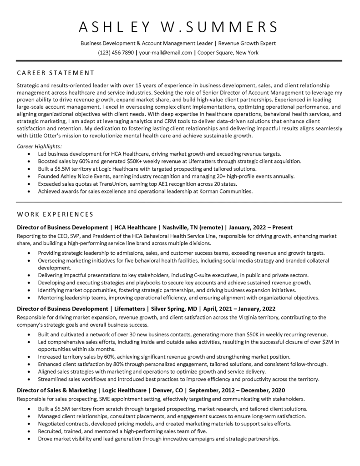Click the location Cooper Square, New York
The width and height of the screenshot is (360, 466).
(228, 52)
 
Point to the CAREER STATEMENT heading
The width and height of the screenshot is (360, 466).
(56, 72)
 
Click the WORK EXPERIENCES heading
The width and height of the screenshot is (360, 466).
(55, 214)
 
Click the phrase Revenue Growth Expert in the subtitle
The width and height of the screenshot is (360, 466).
(248, 43)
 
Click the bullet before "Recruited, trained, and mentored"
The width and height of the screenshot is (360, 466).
(30, 431)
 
